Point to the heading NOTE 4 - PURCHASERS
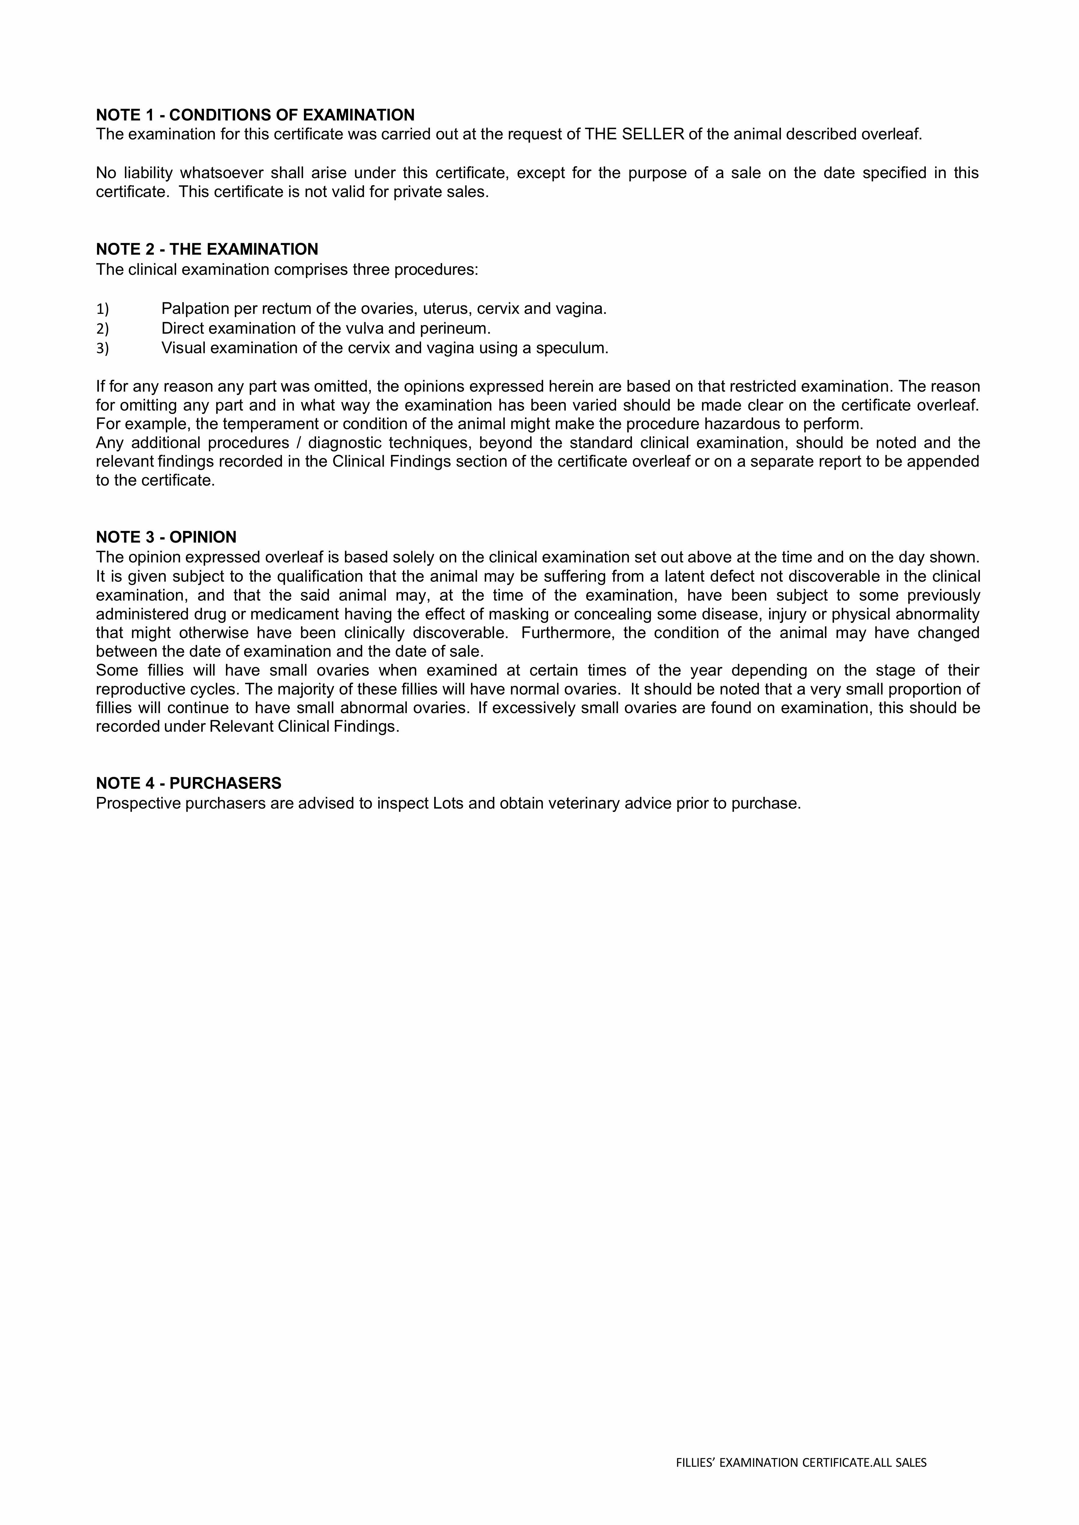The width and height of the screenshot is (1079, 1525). tap(189, 783)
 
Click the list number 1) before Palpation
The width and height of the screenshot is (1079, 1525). tap(102, 309)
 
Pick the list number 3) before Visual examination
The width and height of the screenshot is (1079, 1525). tap(102, 348)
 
